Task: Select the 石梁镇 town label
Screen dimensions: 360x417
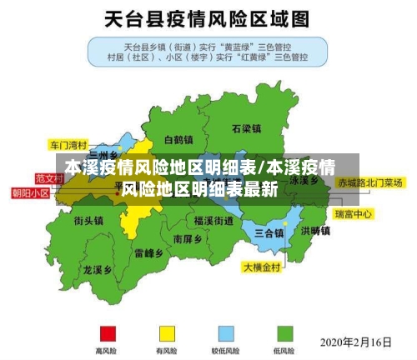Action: pos(248,129)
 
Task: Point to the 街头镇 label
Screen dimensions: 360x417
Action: pos(88,221)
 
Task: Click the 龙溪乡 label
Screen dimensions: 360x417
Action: pos(98,270)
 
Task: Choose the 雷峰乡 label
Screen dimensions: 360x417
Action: pos(149,252)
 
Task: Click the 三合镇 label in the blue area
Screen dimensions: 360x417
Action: pos(269,232)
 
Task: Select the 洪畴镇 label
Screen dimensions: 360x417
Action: pos(316,231)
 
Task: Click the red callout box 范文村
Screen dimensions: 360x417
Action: pos(49,178)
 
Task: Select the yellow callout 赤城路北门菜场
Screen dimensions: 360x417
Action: pos(370,182)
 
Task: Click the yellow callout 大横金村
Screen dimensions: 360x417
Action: pos(264,267)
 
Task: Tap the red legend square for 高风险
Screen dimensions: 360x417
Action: pos(107,333)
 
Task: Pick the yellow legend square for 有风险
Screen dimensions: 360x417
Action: pos(167,333)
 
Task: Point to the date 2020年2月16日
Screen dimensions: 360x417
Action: pos(356,342)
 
